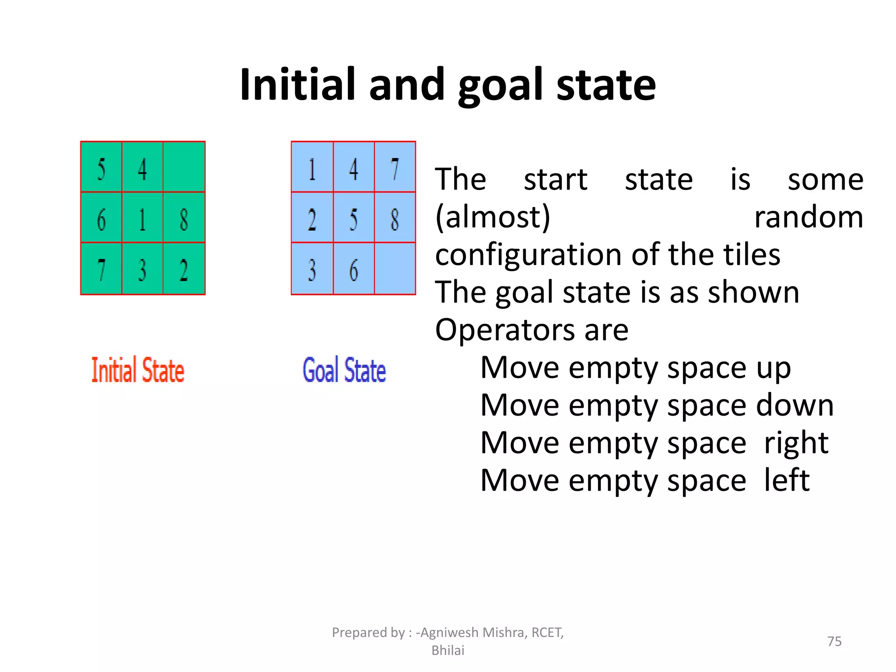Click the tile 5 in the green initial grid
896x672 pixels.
[101, 168]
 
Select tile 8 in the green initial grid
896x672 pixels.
[184, 218]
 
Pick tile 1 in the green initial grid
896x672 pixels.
[143, 218]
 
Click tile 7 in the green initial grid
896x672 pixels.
[101, 269]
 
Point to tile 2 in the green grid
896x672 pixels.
[184, 269]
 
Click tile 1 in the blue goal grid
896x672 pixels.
[312, 168]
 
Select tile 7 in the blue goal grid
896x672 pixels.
[395, 168]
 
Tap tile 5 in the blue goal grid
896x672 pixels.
[353, 218]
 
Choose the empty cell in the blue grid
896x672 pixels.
[395, 269]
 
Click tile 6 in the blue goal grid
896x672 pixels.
[353, 269]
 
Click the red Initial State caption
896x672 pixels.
[138, 370]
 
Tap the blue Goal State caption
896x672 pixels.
[344, 370]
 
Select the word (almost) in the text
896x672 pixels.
[493, 217]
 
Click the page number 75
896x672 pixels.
[834, 641]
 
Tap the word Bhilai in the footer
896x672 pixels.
[448, 650]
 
